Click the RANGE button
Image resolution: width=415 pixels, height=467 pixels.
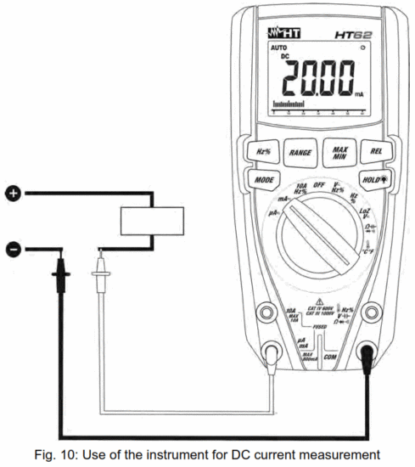(299, 154)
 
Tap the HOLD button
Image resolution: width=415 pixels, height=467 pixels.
(371, 181)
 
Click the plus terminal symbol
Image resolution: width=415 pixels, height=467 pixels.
(13, 194)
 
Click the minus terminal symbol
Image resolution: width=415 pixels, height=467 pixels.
(13, 249)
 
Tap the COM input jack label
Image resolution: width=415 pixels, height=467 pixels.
(330, 358)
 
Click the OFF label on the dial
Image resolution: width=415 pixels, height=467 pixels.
(320, 185)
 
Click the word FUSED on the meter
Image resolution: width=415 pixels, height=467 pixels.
(321, 325)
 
